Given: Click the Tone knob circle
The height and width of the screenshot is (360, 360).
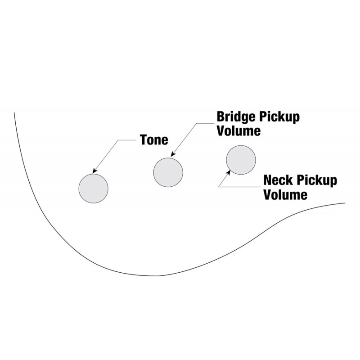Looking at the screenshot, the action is pyautogui.click(x=93, y=189).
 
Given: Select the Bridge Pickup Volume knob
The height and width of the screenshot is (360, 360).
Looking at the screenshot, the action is pyautogui.click(x=168, y=172).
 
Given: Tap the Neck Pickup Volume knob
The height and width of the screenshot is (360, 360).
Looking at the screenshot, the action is pyautogui.click(x=241, y=160).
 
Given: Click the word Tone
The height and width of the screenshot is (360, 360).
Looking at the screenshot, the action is pyautogui.click(x=154, y=139).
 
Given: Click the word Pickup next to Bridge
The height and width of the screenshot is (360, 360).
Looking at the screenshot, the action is pyautogui.click(x=279, y=117).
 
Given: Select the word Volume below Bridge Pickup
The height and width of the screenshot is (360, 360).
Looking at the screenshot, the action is pyautogui.click(x=239, y=130).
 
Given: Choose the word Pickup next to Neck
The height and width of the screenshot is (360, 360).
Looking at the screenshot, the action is pyautogui.click(x=317, y=181).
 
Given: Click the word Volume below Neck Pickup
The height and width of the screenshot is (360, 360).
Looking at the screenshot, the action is pyautogui.click(x=285, y=194).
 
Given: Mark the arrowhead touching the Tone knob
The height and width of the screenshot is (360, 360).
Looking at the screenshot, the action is pyautogui.click(x=94, y=171).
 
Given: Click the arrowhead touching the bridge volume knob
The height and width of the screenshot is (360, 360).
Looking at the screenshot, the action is pyautogui.click(x=173, y=154).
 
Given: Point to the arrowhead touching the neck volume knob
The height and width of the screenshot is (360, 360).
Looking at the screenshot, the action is pyautogui.click(x=228, y=172).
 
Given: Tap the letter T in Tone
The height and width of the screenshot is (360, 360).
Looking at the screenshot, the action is pyautogui.click(x=144, y=139).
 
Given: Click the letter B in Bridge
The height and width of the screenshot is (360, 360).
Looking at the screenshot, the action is pyautogui.click(x=221, y=117).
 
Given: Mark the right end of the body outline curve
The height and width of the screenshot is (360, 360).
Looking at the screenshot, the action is pyautogui.click(x=345, y=203).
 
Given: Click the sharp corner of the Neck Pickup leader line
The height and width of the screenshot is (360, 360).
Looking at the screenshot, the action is pyautogui.click(x=219, y=187).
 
